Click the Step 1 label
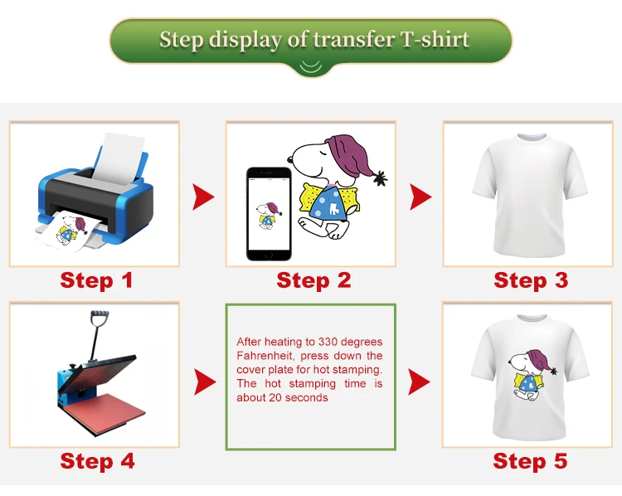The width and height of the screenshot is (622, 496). [96, 280]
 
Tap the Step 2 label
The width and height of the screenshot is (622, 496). [313, 280]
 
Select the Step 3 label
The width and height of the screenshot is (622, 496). [531, 280]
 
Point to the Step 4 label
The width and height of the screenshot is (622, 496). [97, 461]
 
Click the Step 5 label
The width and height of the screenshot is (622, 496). [530, 461]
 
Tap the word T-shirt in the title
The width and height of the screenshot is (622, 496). [435, 39]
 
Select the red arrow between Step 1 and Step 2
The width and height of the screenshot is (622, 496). [203, 197]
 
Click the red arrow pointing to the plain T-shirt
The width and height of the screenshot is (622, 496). [420, 197]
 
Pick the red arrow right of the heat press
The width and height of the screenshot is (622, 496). [205, 382]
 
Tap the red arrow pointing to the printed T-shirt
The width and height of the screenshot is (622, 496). [420, 382]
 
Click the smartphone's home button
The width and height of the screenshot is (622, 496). [269, 255]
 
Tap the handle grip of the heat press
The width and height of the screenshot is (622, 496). [100, 314]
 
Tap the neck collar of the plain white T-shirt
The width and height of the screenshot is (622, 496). [532, 138]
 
